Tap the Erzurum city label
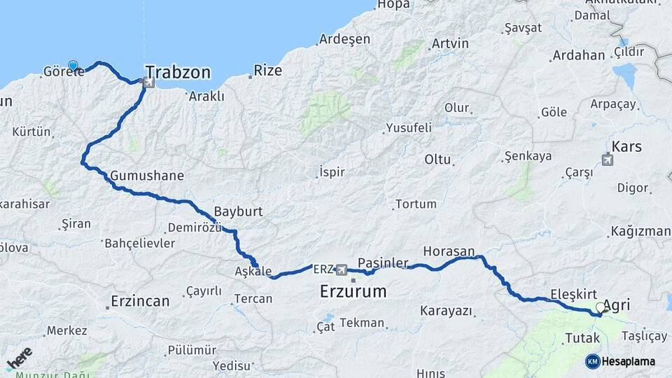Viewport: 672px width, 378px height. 353,291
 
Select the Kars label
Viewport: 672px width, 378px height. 626,147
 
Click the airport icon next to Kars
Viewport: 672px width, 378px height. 607,159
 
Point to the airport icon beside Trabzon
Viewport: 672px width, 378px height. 148,83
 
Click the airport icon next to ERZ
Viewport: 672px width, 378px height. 341,269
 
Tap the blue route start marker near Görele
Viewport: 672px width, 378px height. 73,65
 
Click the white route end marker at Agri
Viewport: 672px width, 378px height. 600,307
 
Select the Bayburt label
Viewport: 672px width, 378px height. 238,211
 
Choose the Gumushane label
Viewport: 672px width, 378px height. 147,176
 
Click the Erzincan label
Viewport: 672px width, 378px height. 140,302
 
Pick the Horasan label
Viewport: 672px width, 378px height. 449,250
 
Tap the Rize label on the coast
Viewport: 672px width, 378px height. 267,70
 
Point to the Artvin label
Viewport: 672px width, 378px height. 450,43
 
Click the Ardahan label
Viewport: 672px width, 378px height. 578,55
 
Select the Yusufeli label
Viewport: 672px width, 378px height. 408,128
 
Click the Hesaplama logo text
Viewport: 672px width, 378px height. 629,361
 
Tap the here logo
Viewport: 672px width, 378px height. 19,358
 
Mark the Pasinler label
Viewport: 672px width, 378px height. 383,263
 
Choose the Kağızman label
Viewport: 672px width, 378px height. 640,231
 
